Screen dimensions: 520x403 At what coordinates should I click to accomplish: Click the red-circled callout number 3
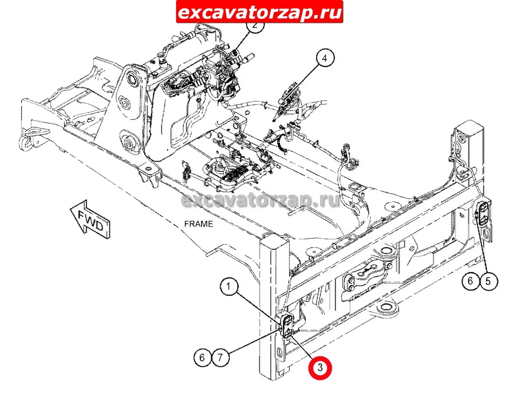tap(320, 368)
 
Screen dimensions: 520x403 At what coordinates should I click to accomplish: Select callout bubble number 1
tap(228, 286)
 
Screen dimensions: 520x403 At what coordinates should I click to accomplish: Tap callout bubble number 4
tap(324, 58)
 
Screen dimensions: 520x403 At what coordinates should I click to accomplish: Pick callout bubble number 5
tap(488, 281)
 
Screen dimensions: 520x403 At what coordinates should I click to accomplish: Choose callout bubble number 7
tap(220, 358)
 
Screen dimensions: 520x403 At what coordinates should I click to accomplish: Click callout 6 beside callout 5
tap(471, 281)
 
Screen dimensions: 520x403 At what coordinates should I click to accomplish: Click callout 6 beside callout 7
tap(202, 358)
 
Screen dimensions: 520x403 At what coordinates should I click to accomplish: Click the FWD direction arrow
tap(90, 219)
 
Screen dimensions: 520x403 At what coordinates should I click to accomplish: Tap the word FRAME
tap(198, 224)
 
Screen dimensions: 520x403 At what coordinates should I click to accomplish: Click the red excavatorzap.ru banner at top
tap(260, 12)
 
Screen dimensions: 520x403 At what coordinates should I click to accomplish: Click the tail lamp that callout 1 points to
tap(287, 326)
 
